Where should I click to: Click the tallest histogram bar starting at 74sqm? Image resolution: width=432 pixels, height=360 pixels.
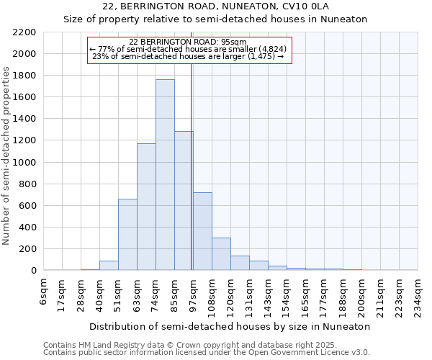(165, 175)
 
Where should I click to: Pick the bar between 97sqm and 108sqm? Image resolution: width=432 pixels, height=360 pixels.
(202, 231)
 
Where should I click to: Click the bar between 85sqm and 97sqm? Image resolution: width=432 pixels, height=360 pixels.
(184, 201)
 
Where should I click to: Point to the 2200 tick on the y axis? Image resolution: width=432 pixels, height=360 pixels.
(24, 32)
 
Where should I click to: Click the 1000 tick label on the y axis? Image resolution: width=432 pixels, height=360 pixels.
(24, 163)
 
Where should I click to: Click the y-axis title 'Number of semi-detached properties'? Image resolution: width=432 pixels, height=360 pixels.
(7, 156)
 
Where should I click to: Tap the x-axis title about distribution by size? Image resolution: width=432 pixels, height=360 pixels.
(230, 326)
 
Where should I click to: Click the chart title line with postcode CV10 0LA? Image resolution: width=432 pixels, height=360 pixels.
(215, 7)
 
